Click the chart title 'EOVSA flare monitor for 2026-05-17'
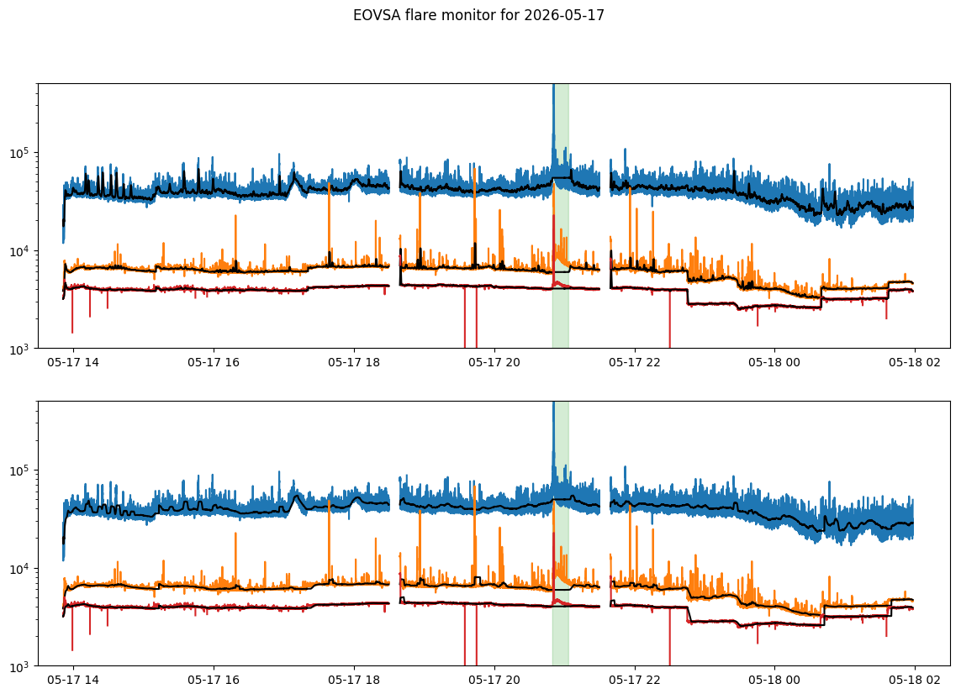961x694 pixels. click(478, 15)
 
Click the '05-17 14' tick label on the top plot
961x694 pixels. click(73, 362)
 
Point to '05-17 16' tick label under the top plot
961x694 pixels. click(214, 362)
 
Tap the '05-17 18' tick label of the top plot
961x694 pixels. click(354, 362)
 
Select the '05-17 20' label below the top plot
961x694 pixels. click(494, 362)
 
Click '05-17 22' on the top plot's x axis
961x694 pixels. click(634, 362)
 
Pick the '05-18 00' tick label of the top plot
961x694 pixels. click(774, 362)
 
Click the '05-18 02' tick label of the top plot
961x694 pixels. click(915, 362)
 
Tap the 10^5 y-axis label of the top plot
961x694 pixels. click(21, 152)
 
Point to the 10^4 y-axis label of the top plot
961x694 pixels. click(21, 250)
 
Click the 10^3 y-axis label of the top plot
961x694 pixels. click(21, 349)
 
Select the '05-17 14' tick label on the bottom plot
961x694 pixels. click(73, 680)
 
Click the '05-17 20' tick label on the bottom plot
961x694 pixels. click(494, 680)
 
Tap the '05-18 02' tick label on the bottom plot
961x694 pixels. click(915, 680)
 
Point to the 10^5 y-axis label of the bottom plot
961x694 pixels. click(21, 470)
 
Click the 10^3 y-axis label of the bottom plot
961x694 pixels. click(21, 665)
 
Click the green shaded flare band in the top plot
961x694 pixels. click(561, 216)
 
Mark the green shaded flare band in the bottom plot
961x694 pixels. click(561, 534)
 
